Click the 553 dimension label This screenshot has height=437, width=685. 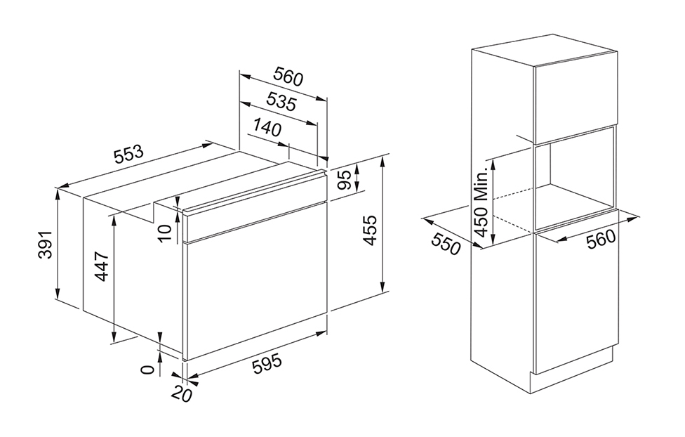coord(128,154)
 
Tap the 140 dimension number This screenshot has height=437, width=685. coord(267,128)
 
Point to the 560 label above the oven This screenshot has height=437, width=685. coord(288,77)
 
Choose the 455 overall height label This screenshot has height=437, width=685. coord(369,230)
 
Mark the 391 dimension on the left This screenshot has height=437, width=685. coord(46,244)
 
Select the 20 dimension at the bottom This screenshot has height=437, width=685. coord(182,394)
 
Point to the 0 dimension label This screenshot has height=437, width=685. coord(149,370)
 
